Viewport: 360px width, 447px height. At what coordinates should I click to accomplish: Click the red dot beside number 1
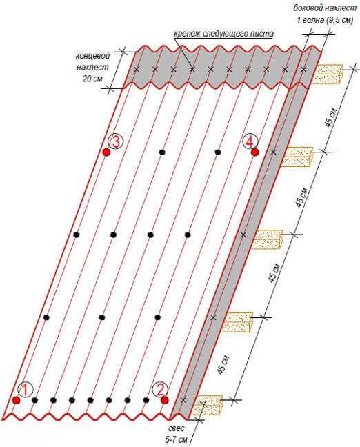coord(17,400)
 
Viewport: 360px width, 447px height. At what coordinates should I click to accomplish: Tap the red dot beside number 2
coord(164,400)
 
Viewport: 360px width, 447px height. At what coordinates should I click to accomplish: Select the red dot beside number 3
coord(106,152)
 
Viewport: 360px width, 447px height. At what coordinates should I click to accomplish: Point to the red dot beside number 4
coord(254,152)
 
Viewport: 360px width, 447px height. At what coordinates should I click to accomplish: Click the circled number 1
coord(26,390)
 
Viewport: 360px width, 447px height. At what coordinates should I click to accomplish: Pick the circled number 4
coord(250,141)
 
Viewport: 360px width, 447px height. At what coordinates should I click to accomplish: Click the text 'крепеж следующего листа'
coord(223,34)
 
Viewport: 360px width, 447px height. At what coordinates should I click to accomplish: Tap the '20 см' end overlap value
coord(92,79)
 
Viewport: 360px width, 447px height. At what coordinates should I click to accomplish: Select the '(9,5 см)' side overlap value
coord(339,20)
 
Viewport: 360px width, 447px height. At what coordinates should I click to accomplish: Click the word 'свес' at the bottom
coord(177,428)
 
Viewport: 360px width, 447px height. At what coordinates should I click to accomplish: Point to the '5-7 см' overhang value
coord(176,439)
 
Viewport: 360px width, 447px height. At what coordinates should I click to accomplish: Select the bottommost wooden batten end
coord(207,405)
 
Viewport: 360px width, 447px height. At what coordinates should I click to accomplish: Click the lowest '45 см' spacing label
coord(223,365)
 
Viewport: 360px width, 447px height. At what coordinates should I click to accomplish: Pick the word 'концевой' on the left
coord(92,56)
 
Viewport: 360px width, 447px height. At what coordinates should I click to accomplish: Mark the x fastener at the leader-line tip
coord(192,69)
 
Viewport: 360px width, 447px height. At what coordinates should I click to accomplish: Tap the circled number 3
coord(115,141)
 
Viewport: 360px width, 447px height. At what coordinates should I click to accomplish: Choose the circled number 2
coord(161,390)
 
